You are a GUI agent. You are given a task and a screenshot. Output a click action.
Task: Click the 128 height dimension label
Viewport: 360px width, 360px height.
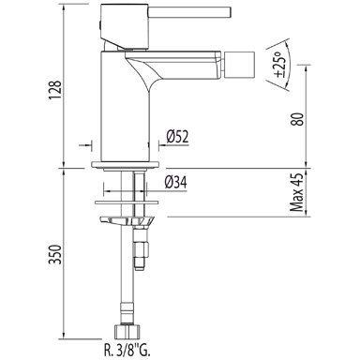coord(54,90)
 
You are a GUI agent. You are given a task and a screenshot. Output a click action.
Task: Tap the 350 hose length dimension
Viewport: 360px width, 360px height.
coord(55,254)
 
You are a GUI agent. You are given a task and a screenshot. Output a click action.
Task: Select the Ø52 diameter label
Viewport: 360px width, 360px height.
coord(177,137)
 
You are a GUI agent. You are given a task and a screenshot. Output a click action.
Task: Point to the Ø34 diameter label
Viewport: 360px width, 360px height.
coord(176,182)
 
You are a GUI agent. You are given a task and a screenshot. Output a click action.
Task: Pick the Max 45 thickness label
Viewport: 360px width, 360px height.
coord(296,192)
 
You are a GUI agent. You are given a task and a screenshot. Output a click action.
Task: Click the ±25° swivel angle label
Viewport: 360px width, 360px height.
coord(279,64)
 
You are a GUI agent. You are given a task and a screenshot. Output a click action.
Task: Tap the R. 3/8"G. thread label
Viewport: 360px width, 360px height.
coord(127,350)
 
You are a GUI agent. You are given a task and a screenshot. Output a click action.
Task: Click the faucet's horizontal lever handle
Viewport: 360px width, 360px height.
coord(189,12)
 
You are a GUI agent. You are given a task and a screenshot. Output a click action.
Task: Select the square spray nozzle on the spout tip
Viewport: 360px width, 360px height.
coord(243,65)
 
